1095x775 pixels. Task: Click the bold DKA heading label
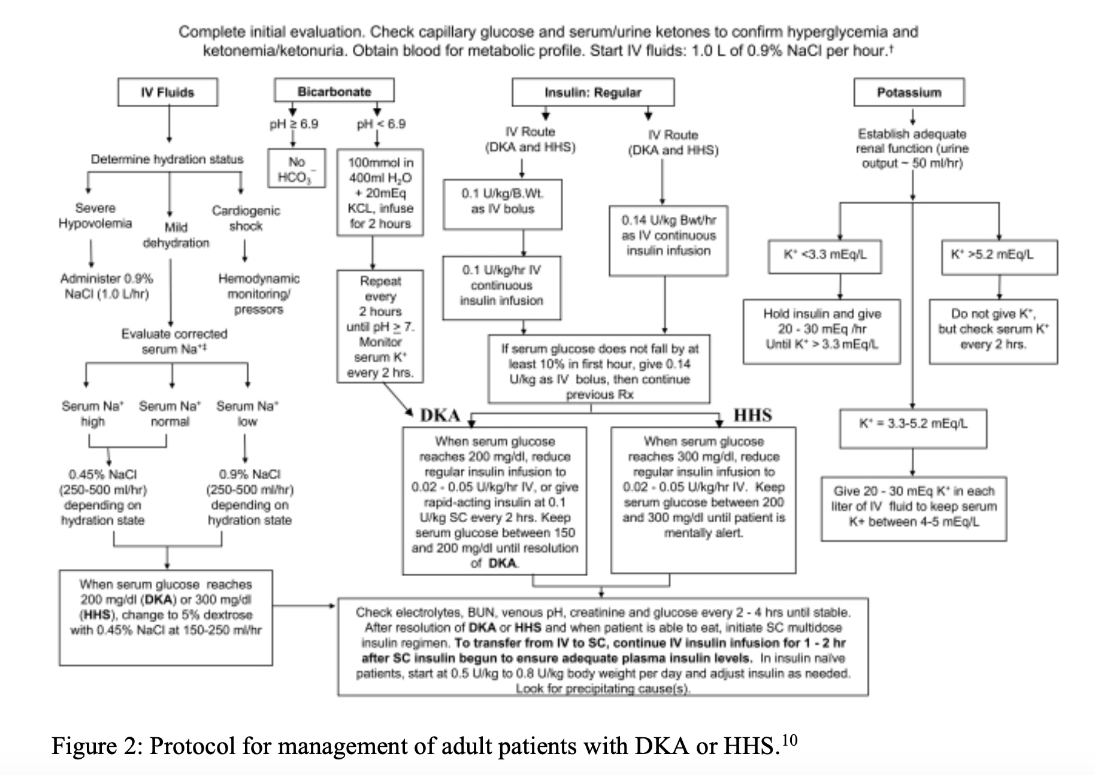pyautogui.click(x=440, y=416)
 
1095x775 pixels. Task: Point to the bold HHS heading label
pyautogui.click(x=753, y=415)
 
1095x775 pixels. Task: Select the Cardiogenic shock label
pyautogui.click(x=246, y=218)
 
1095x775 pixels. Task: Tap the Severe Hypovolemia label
pyautogui.click(x=95, y=216)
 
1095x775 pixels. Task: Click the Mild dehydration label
pyautogui.click(x=176, y=235)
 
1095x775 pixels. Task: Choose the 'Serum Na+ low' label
pyautogui.click(x=247, y=414)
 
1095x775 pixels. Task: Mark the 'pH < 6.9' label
pyautogui.click(x=381, y=124)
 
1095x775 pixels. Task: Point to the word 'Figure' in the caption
pyautogui.click(x=95, y=747)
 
